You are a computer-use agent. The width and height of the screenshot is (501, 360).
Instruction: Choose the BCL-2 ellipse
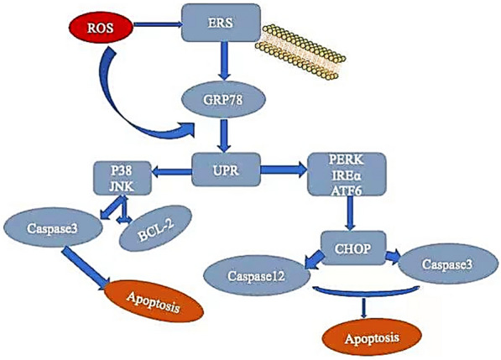(x=156, y=231)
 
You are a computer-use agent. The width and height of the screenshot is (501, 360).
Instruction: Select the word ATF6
(x=347, y=190)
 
